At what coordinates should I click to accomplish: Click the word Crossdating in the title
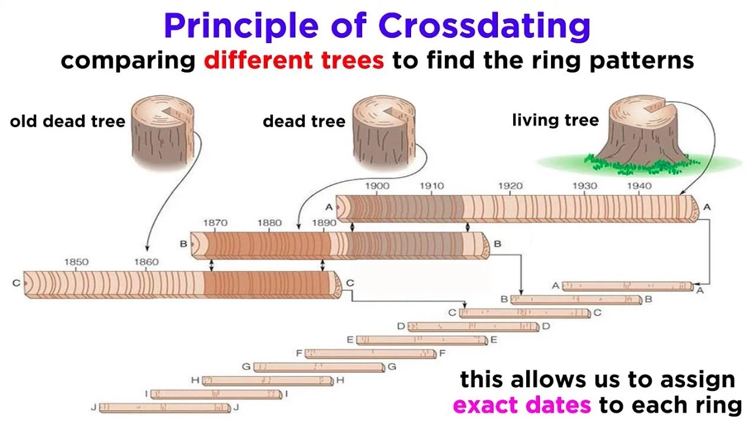tap(484, 27)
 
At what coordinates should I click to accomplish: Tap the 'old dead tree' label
tap(67, 121)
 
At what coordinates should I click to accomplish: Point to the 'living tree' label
tap(556, 120)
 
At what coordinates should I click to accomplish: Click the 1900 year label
tap(377, 186)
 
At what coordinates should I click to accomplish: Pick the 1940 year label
tap(639, 186)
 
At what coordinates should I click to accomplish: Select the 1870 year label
tap(215, 223)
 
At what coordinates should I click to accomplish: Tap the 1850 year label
tap(76, 261)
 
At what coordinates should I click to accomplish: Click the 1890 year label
tap(324, 223)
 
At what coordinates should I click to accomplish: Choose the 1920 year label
tap(510, 186)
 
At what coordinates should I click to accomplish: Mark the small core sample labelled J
tap(165, 408)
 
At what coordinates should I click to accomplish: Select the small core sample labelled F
tap(370, 354)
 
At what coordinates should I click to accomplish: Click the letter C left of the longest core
tap(16, 283)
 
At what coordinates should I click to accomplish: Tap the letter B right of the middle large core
tap(497, 244)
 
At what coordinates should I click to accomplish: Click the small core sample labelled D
tap(473, 326)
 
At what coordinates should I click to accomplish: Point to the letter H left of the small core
tap(195, 380)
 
